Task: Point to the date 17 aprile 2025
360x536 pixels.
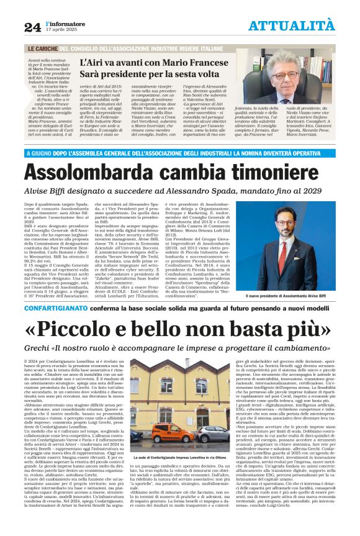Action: (61, 29)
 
